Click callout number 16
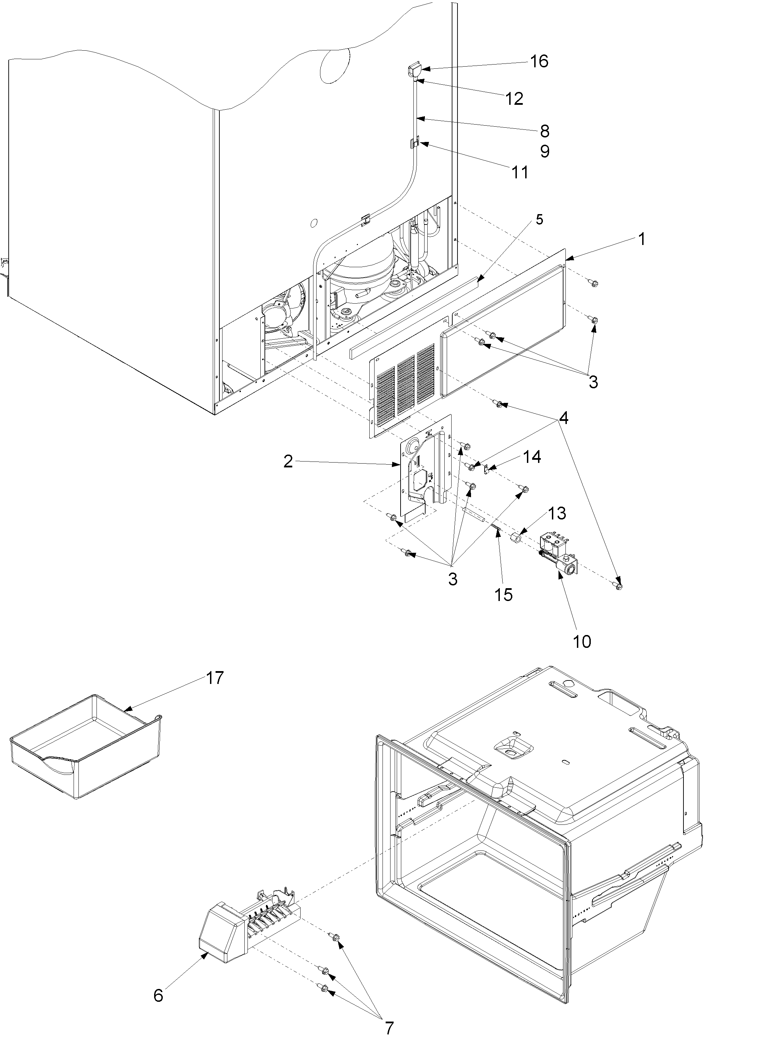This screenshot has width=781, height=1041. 539,61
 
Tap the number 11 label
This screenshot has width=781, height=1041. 520,172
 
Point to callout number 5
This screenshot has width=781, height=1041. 539,219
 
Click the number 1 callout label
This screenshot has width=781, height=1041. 641,239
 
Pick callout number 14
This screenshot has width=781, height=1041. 532,457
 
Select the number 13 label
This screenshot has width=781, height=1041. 556,513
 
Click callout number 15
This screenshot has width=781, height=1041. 503,594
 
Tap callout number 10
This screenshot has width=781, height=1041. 582,641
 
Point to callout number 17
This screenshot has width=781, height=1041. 214,678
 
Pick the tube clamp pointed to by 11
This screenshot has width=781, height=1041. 414,143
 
